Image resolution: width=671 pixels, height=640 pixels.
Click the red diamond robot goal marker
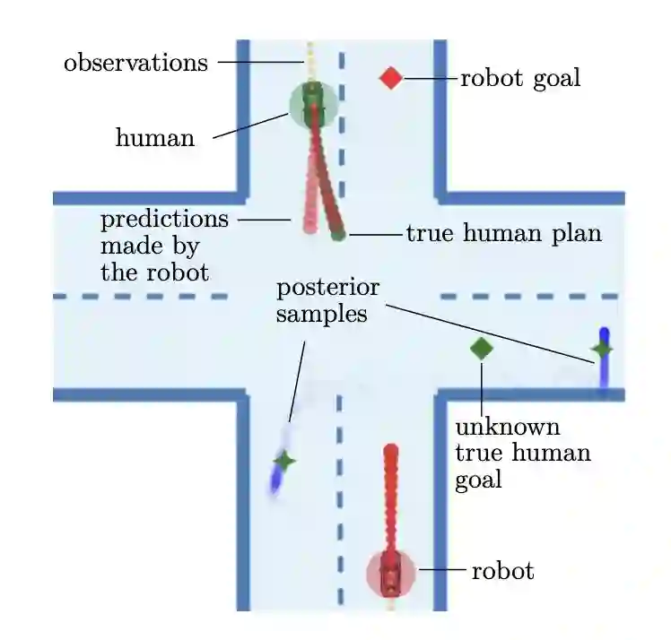click(390, 78)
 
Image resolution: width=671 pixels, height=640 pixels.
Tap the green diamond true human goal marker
click(482, 349)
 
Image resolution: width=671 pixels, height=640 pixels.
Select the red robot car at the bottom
click(390, 574)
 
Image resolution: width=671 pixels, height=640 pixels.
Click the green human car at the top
click(312, 102)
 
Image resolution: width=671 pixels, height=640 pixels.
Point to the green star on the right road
click(602, 349)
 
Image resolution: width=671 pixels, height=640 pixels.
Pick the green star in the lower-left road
click(285, 461)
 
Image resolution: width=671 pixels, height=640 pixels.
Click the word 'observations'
click(135, 63)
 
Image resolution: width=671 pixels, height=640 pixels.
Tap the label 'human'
click(154, 138)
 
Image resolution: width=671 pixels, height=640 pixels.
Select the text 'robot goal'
click(520, 78)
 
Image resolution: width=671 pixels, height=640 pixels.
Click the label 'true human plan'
click(503, 234)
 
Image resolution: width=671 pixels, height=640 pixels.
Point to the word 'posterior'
click(327, 289)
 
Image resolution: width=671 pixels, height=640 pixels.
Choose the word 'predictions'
click(164, 219)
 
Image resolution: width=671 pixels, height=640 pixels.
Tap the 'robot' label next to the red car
click(502, 570)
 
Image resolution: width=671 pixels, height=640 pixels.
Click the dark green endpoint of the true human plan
click(337, 235)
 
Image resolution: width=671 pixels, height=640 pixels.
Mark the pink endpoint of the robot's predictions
click(309, 227)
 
